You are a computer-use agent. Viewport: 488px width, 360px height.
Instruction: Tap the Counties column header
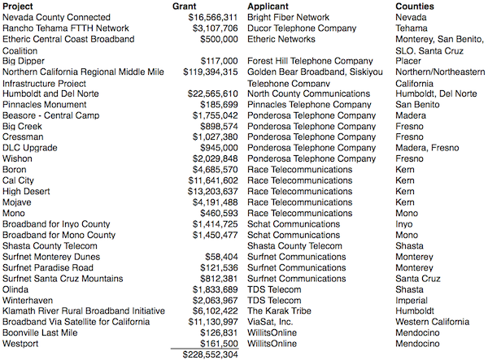(417, 6)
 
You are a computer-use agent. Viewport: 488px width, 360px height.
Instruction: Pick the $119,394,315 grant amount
(208, 72)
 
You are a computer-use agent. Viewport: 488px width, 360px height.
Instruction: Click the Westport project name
(21, 344)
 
